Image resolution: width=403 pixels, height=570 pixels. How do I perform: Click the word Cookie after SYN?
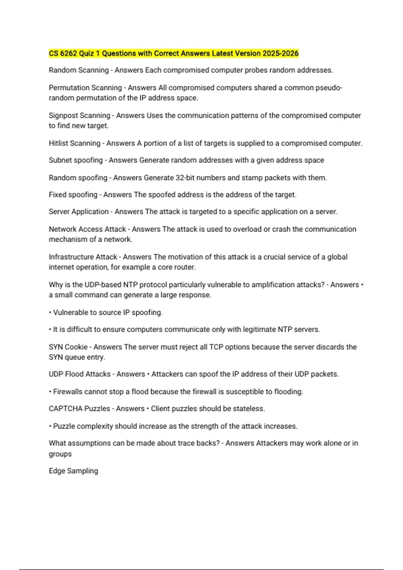tap(76, 347)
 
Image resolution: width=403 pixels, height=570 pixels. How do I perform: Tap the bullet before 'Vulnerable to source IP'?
tap(50, 312)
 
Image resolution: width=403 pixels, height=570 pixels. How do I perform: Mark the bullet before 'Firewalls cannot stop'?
tap(50, 392)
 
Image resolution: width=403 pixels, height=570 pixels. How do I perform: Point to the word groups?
tap(60, 454)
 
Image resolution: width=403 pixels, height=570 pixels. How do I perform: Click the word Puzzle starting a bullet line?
tap(64, 426)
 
